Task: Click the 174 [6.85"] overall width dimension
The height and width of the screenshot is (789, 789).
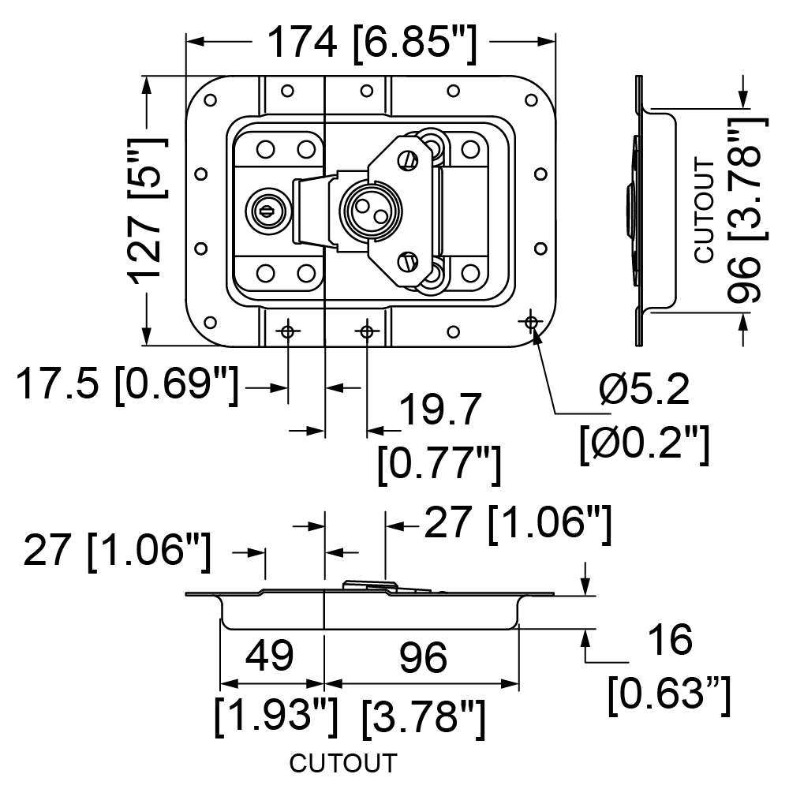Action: click(x=372, y=44)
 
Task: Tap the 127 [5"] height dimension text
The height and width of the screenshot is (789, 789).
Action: click(x=147, y=211)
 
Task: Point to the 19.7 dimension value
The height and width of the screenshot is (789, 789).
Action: click(x=441, y=410)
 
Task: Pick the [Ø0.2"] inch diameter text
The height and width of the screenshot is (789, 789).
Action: click(x=645, y=443)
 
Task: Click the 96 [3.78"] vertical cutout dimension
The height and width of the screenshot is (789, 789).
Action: click(x=748, y=211)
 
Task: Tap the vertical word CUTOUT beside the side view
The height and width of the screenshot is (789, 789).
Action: click(x=705, y=210)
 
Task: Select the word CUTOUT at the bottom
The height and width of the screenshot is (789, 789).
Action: click(x=343, y=763)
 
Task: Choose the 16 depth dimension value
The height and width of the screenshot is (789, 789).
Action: click(x=671, y=640)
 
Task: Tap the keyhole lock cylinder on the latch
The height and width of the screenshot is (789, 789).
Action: click(x=269, y=211)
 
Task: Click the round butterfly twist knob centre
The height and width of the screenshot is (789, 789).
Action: click(x=372, y=211)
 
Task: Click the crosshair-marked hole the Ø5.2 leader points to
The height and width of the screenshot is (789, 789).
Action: click(x=531, y=322)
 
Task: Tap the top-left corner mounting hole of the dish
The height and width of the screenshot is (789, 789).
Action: click(x=211, y=99)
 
